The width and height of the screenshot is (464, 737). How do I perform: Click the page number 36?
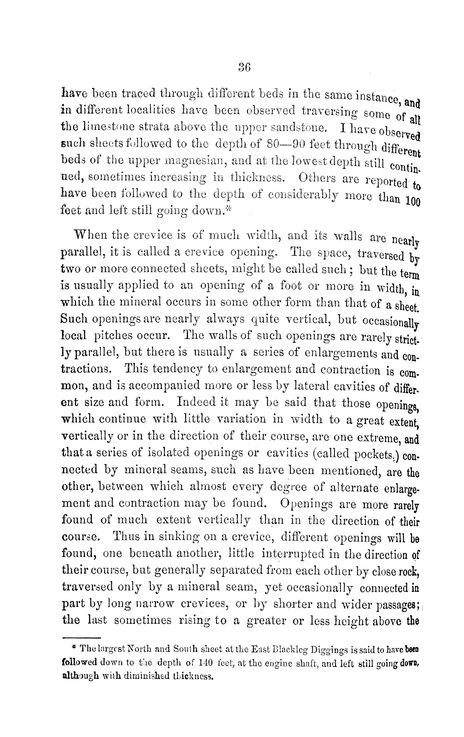pos(244,67)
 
